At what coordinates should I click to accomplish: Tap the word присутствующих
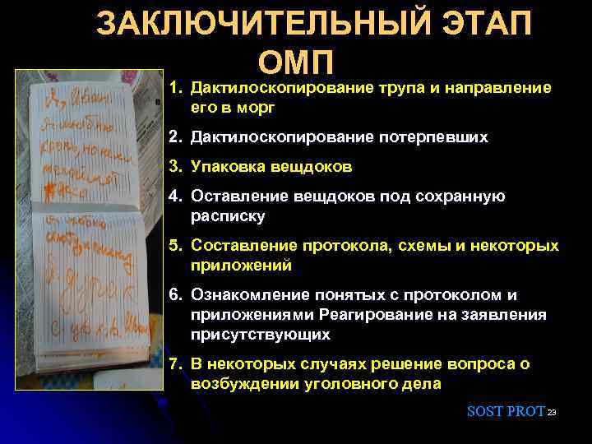click(x=260, y=334)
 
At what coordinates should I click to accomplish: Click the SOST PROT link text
click(x=505, y=411)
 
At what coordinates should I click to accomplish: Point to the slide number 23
click(x=553, y=412)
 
